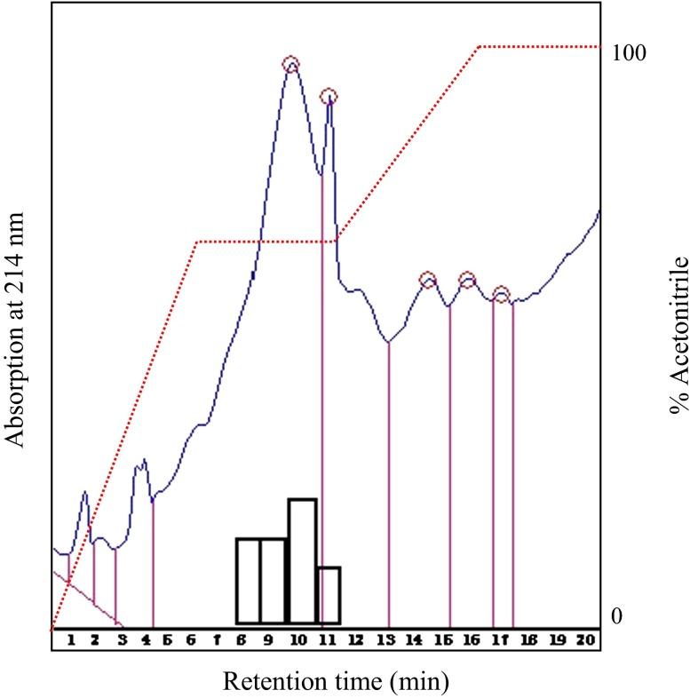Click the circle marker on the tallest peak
pyautogui.click(x=290, y=64)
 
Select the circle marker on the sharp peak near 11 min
pyautogui.click(x=329, y=97)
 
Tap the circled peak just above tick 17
pyautogui.click(x=501, y=294)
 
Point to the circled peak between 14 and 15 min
pyautogui.click(x=428, y=280)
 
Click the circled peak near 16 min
pyautogui.click(x=467, y=280)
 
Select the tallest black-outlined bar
pyautogui.click(x=302, y=561)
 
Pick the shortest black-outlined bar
pyautogui.click(x=329, y=595)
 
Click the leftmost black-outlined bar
pyautogui.click(x=248, y=581)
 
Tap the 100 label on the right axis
pyautogui.click(x=628, y=52)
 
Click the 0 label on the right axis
pyautogui.click(x=617, y=616)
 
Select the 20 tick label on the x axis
pyautogui.click(x=584, y=639)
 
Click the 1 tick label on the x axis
pyautogui.click(x=72, y=639)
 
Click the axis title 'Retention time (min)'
pyautogui.click(x=336, y=682)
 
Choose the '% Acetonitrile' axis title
pyautogui.click(x=680, y=336)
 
